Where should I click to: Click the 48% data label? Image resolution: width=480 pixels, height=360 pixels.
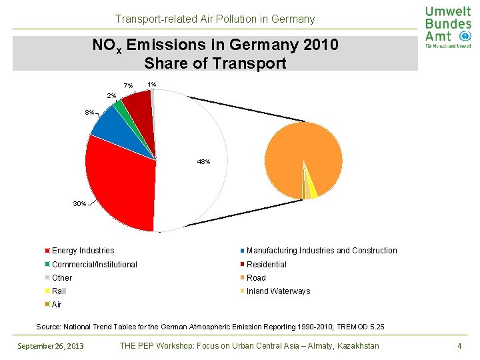coord(204,162)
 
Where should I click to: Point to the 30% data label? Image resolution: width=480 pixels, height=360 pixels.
coord(79,203)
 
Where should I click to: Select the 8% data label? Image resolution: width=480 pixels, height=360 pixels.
coord(89,112)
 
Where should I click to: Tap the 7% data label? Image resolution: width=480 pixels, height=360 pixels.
coord(129,85)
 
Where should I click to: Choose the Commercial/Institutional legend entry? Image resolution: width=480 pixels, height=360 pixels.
coord(94,265)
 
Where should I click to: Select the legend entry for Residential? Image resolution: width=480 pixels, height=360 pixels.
coord(266,265)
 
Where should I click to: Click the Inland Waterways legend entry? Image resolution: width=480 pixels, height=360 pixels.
coord(278,291)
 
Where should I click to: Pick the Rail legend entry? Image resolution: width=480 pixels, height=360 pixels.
coord(59,291)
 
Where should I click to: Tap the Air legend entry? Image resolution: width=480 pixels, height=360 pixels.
coord(56,305)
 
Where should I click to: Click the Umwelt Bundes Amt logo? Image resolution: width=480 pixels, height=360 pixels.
coord(447,27)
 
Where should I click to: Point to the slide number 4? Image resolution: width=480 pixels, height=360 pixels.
coord(459,345)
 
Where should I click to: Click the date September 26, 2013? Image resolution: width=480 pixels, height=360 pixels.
coord(51,345)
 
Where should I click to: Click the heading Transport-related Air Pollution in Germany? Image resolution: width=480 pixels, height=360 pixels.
coord(215,19)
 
